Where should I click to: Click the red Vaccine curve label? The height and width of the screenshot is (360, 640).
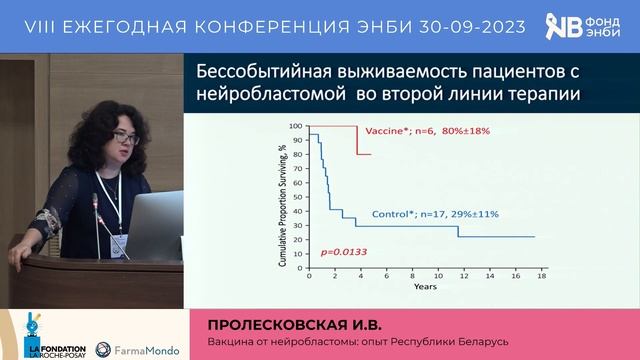(x=428, y=131)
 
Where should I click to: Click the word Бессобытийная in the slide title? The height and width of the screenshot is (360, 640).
(x=254, y=73)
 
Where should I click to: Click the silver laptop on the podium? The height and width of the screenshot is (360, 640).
(x=155, y=224)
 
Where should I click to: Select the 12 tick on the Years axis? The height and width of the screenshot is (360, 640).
(x=458, y=276)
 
